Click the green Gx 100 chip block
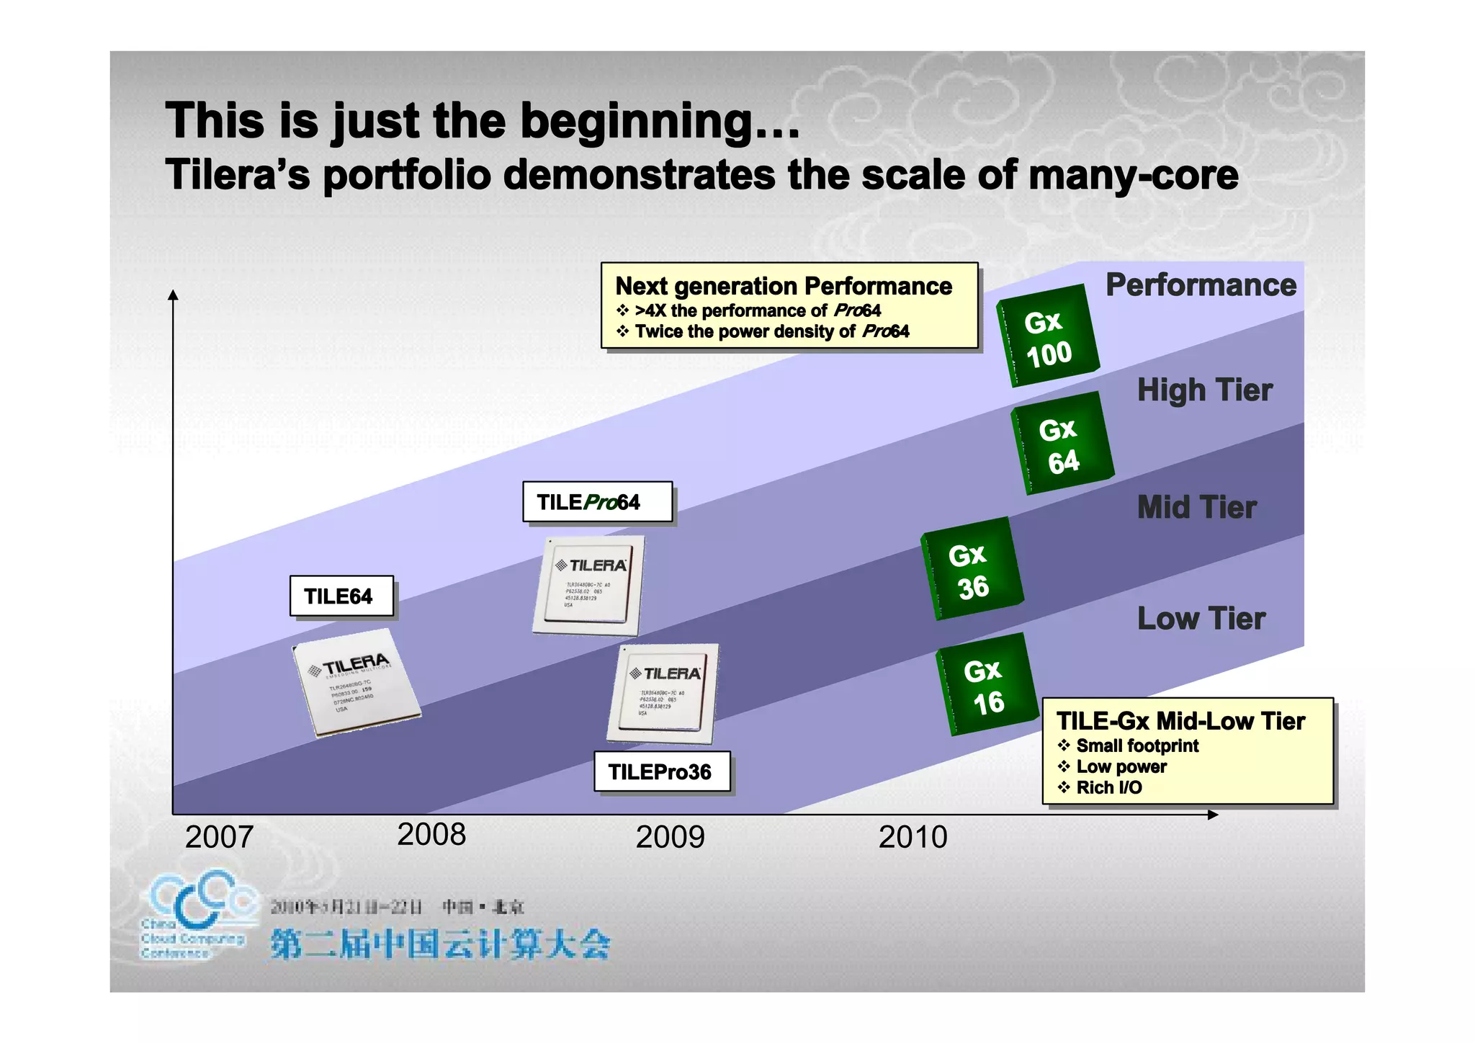point(1048,336)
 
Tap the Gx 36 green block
point(972,570)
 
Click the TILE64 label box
point(341,596)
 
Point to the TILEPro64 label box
point(597,502)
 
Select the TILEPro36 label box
point(661,772)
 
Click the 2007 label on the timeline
point(219,837)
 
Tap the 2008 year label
point(431,835)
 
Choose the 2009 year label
point(670,837)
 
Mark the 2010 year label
point(913,837)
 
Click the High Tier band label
point(1204,390)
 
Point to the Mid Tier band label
point(1197,508)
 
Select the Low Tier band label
point(1201,619)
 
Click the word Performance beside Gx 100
point(1201,285)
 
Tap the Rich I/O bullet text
point(1108,788)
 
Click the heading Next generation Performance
point(783,287)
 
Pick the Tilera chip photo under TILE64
point(357,682)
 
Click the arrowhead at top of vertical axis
point(173,295)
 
